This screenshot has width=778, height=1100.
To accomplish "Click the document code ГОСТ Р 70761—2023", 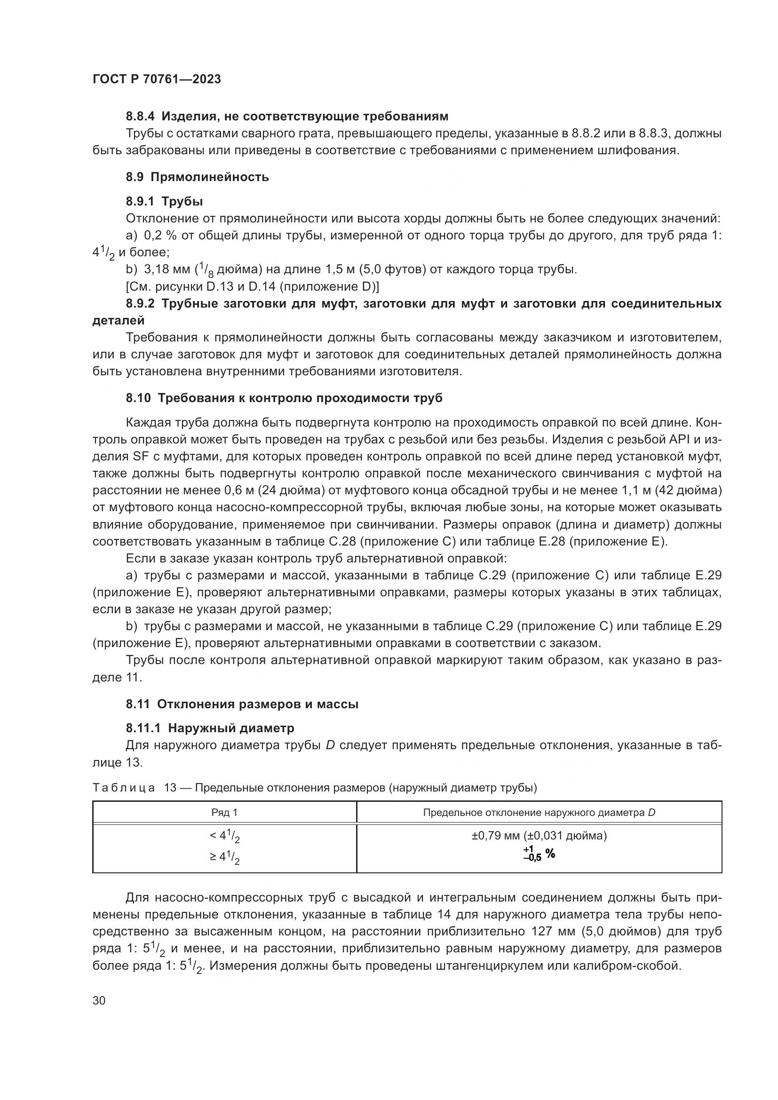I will (157, 79).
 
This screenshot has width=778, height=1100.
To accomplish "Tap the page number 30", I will (99, 1001).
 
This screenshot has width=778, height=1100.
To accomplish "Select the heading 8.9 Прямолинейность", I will (198, 177).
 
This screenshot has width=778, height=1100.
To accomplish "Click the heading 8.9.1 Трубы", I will (164, 201).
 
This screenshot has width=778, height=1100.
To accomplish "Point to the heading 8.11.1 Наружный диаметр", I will (210, 728).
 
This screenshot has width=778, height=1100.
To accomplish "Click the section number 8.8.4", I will (141, 117).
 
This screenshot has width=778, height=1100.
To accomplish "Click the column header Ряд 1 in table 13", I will (224, 813).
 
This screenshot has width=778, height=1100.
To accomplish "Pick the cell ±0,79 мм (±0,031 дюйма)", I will (539, 836).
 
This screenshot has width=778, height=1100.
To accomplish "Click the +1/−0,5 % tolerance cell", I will (539, 854).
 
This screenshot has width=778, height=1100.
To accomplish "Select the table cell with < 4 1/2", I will (224, 837).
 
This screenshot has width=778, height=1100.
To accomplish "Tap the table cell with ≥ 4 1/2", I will (224, 856).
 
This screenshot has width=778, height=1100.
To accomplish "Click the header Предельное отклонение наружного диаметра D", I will (539, 813).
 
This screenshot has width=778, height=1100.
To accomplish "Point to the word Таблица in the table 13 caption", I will (124, 788).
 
